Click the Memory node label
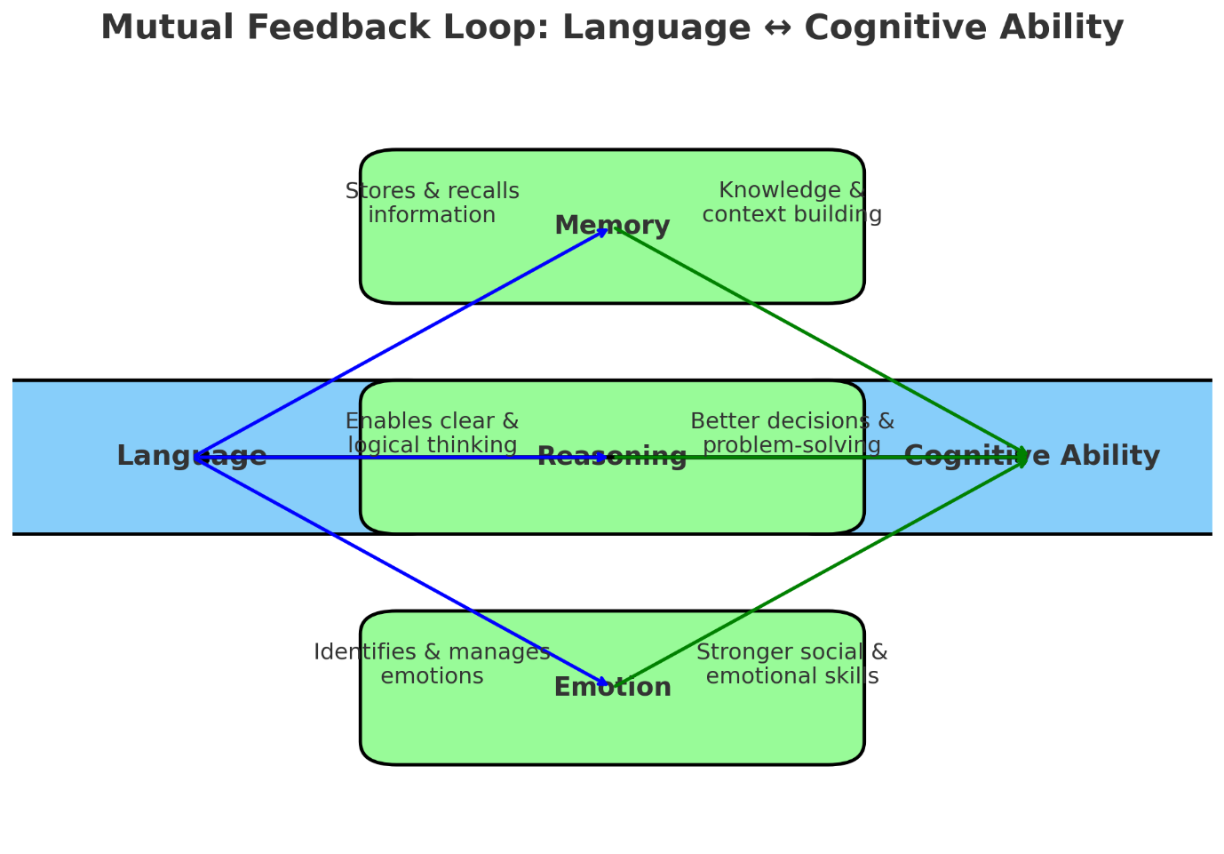(612, 226)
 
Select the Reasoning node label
(612, 457)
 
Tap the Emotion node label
(612, 688)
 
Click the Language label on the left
(192, 457)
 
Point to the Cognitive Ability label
(1031, 457)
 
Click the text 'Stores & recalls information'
(432, 204)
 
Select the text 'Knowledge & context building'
(791, 203)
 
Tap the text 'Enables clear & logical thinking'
(432, 434)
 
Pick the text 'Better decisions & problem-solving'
(791, 434)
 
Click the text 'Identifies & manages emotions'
(432, 665)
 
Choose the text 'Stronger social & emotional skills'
(791, 665)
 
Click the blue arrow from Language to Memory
(400, 343)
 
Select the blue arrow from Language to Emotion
(400, 571)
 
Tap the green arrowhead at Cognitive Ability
(1023, 457)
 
